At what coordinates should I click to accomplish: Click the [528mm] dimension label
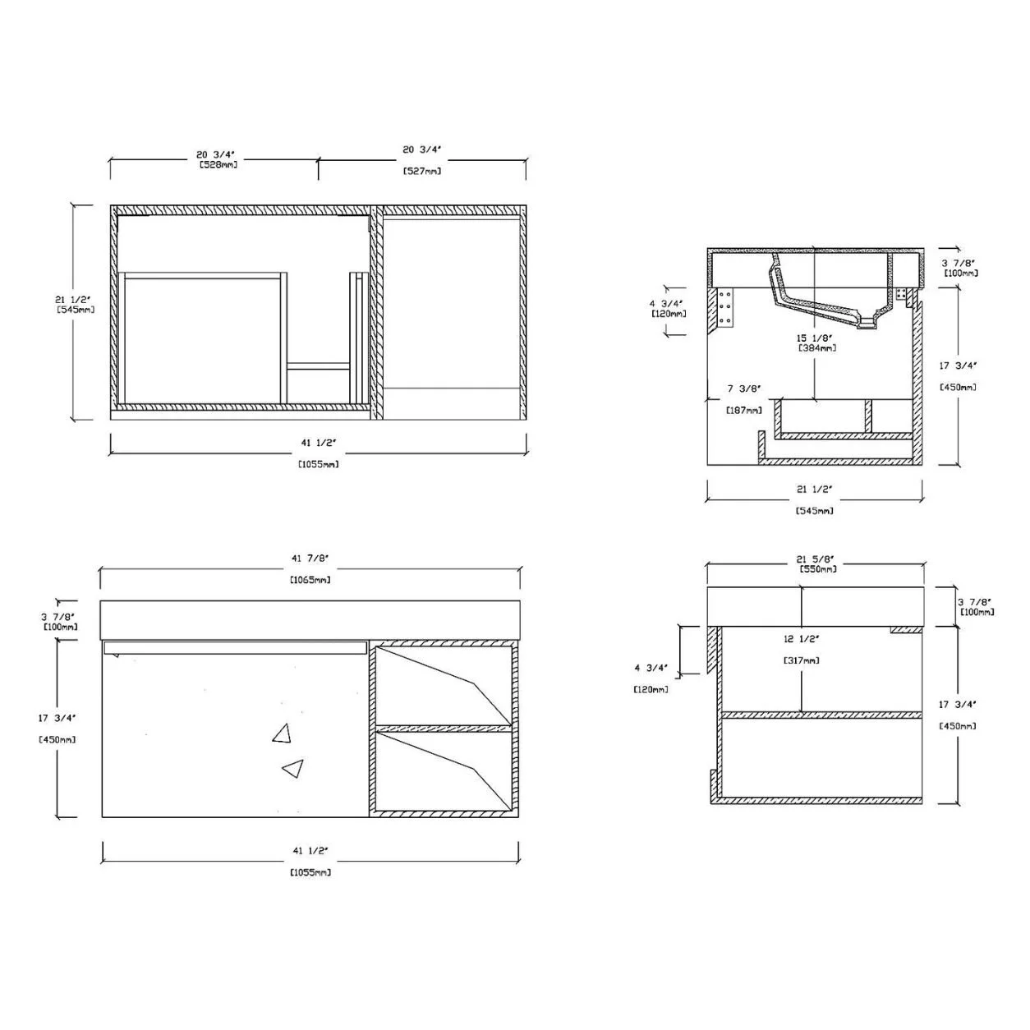(218, 165)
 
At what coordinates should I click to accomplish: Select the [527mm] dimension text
(421, 172)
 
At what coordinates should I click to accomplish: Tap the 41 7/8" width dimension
(310, 558)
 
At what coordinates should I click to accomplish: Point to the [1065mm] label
(310, 579)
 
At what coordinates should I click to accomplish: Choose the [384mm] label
(817, 348)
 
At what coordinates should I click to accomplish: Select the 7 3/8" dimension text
(744, 389)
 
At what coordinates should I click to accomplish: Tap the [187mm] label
(744, 411)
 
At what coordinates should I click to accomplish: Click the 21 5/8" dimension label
(816, 559)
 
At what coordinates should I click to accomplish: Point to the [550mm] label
(818, 569)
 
